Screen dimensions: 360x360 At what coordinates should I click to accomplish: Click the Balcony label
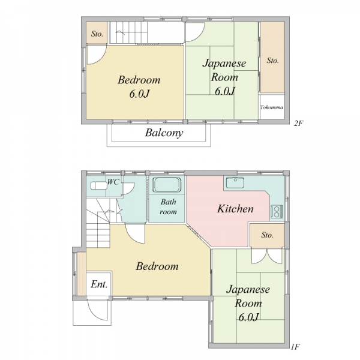[x=164, y=133]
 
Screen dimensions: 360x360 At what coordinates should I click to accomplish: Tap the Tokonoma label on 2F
[x=272, y=107]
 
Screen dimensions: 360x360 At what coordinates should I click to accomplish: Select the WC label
[x=113, y=182]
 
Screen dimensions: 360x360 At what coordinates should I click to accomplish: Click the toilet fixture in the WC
[x=99, y=185]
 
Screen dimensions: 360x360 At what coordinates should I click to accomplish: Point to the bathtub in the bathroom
[x=167, y=185]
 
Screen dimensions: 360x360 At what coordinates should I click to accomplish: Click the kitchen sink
[x=235, y=183]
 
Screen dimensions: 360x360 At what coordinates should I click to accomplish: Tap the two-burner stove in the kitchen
[x=277, y=211]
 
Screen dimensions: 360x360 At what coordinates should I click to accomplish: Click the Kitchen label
[x=235, y=209]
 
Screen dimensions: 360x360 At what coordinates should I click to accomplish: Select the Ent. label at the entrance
[x=99, y=284]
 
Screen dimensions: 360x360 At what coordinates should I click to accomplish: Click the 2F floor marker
[x=299, y=124]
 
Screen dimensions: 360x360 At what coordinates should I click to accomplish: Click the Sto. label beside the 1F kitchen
[x=267, y=235]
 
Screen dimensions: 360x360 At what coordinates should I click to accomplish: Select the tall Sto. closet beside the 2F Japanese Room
[x=272, y=58]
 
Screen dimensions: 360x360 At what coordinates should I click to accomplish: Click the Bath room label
[x=168, y=206]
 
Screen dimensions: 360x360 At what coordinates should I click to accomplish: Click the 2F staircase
[x=128, y=32]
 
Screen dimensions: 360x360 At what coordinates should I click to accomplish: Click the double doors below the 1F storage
[x=267, y=256]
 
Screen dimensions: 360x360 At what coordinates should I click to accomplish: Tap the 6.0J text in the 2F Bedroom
[x=139, y=94]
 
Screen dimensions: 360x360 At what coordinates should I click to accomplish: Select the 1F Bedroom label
[x=157, y=266]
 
